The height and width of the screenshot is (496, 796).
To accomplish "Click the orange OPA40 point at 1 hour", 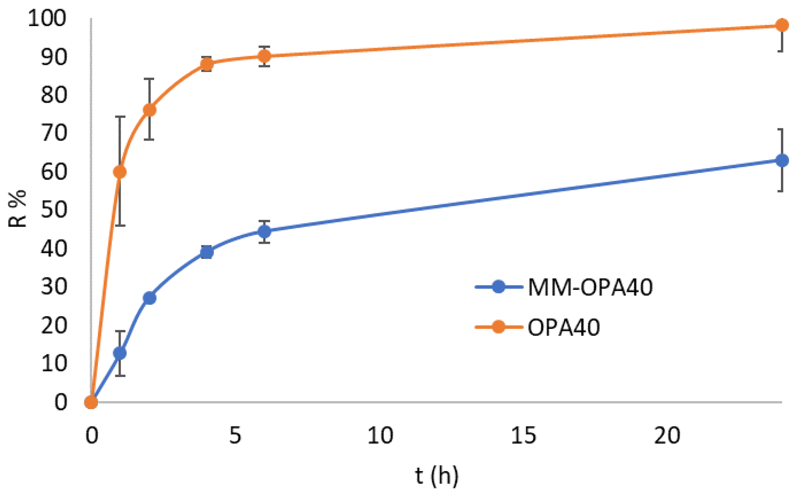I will (x=119, y=172).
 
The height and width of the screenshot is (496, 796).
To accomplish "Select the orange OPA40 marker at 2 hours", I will (x=150, y=110).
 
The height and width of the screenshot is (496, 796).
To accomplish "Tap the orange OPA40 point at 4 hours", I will (x=207, y=64).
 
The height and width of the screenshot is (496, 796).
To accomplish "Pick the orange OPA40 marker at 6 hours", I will (x=264, y=56).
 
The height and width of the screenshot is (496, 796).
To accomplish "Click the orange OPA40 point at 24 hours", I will (x=781, y=25).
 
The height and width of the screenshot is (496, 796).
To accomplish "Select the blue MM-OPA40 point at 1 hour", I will (x=119, y=353).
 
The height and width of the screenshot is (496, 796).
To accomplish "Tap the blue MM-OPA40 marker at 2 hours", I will (x=150, y=298).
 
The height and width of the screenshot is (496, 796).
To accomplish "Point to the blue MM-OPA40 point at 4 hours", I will (x=207, y=252).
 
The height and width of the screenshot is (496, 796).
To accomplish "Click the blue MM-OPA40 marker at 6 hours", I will (x=264, y=231).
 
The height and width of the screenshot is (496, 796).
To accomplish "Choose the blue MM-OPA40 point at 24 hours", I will (x=781, y=161).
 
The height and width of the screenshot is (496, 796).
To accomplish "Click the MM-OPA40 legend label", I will (x=590, y=287).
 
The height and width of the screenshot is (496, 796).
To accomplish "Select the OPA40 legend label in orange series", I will (x=564, y=327).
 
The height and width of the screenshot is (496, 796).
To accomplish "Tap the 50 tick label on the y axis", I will (x=53, y=210).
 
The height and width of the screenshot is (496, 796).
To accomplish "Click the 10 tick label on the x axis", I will (x=380, y=435).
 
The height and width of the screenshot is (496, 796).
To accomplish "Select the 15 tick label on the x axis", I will (x=523, y=435).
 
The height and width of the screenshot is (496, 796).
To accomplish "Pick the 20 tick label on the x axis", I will (x=667, y=435).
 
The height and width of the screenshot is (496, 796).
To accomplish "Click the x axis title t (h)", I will (x=436, y=476).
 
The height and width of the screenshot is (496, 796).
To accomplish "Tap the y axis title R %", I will (x=17, y=209).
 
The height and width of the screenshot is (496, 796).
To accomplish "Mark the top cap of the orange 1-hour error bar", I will (x=119, y=117).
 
